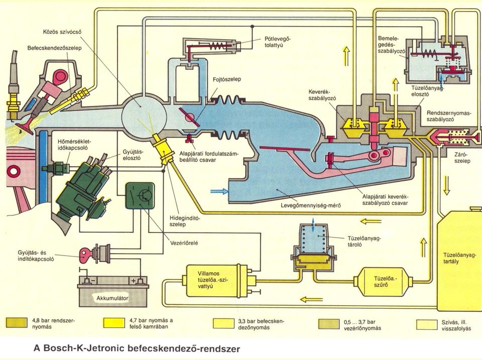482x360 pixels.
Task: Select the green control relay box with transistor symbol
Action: [140, 196]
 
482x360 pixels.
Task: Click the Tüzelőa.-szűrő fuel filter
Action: [381, 282]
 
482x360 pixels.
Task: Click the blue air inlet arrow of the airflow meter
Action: [219, 191]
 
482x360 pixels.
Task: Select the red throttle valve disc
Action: [189, 117]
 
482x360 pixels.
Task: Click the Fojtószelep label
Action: [227, 79]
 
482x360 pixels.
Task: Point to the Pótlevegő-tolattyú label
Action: [278, 42]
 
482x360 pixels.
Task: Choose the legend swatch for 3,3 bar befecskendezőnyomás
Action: [223, 323]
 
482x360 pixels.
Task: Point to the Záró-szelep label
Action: [462, 158]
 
